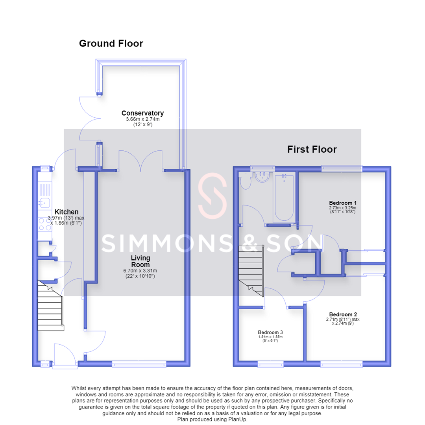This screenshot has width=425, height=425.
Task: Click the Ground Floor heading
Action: click(x=111, y=43)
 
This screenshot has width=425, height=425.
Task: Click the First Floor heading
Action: click(x=312, y=150)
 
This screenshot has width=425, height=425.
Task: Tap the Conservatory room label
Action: click(x=142, y=113)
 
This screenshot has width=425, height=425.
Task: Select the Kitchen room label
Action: click(x=67, y=212)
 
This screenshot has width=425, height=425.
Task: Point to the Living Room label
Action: click(x=140, y=261)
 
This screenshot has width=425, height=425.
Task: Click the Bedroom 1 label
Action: click(x=343, y=203)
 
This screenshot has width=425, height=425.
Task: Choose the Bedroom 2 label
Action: click(x=343, y=314)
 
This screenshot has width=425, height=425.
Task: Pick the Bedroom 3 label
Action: click(x=270, y=332)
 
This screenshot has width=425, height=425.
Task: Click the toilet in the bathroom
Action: click(x=246, y=181)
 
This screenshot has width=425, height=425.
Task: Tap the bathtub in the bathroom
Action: click(x=284, y=198)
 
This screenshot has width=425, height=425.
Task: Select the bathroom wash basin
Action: click(x=262, y=177)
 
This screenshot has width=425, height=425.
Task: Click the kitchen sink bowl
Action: click(x=44, y=203)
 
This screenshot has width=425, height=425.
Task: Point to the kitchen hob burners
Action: click(x=45, y=224)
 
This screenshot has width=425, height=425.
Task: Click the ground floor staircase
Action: click(x=50, y=305)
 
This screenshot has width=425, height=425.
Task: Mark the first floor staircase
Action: click(x=251, y=271)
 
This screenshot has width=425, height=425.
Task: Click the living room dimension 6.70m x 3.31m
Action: click(x=140, y=270)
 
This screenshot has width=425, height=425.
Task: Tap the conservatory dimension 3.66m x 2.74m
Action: click(x=142, y=119)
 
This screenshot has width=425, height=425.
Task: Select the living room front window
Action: click(x=139, y=364)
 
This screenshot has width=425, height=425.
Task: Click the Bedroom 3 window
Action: click(x=270, y=364)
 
